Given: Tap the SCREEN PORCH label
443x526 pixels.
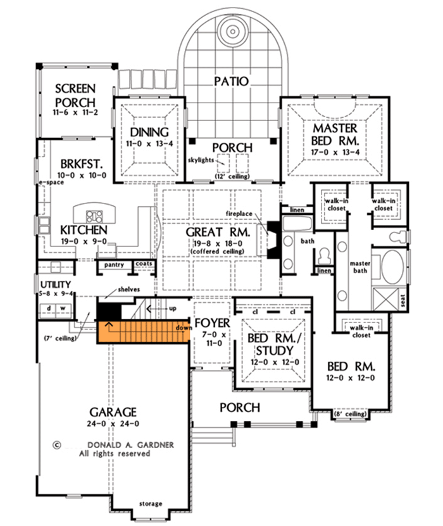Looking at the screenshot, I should pos(75,95).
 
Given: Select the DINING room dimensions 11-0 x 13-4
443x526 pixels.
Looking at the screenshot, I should pos(149,144).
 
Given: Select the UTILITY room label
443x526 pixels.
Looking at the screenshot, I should pos(55,285).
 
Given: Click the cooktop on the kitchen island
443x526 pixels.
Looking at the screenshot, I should pos(94,214).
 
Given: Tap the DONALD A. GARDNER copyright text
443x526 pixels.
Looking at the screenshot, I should pos(112,444).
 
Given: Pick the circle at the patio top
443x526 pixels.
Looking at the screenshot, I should pos(230,28).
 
